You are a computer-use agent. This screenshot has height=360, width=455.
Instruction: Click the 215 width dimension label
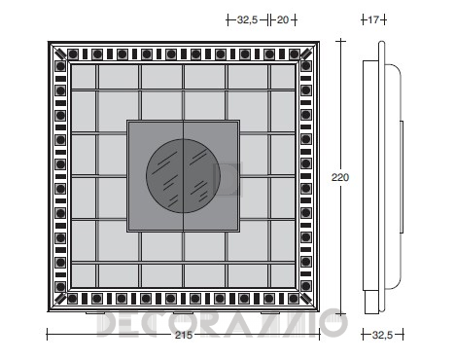click(x=184, y=335)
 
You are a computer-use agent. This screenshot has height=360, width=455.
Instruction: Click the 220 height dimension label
click(x=340, y=177)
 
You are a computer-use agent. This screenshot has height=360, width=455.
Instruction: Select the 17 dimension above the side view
click(x=373, y=20)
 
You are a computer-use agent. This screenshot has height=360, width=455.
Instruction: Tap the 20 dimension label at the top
click(x=283, y=20)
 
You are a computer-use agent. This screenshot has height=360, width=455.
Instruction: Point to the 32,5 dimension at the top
click(x=247, y=20)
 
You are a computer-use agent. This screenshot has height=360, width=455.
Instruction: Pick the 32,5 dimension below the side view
click(x=382, y=335)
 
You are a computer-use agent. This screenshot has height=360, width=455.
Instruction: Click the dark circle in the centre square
click(x=183, y=176)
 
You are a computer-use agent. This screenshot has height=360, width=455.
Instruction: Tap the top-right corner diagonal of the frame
click(x=308, y=52)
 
